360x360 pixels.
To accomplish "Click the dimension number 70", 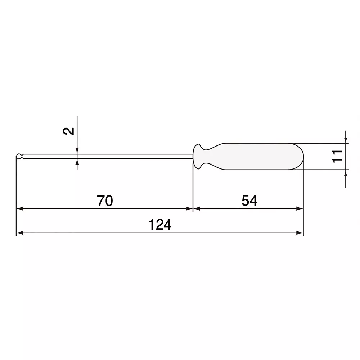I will point(105,201).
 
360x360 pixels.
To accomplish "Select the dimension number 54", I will point(249,201).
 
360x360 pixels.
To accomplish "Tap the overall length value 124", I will point(160,225).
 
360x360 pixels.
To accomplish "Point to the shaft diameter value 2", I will point(70,131).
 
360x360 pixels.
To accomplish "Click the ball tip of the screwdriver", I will point(19,156).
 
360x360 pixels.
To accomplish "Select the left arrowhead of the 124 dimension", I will point(20,233).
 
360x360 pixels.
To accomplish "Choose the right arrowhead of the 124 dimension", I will point(300,233).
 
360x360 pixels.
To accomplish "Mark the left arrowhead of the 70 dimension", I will point(20,208).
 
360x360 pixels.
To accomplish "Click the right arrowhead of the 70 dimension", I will point(189,208).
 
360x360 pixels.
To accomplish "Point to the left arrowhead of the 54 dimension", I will point(197,208).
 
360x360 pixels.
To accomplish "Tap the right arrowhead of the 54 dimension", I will point(300,208).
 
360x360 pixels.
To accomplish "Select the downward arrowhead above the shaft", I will point(77,150).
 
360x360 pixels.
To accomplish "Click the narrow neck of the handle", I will point(211,156).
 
